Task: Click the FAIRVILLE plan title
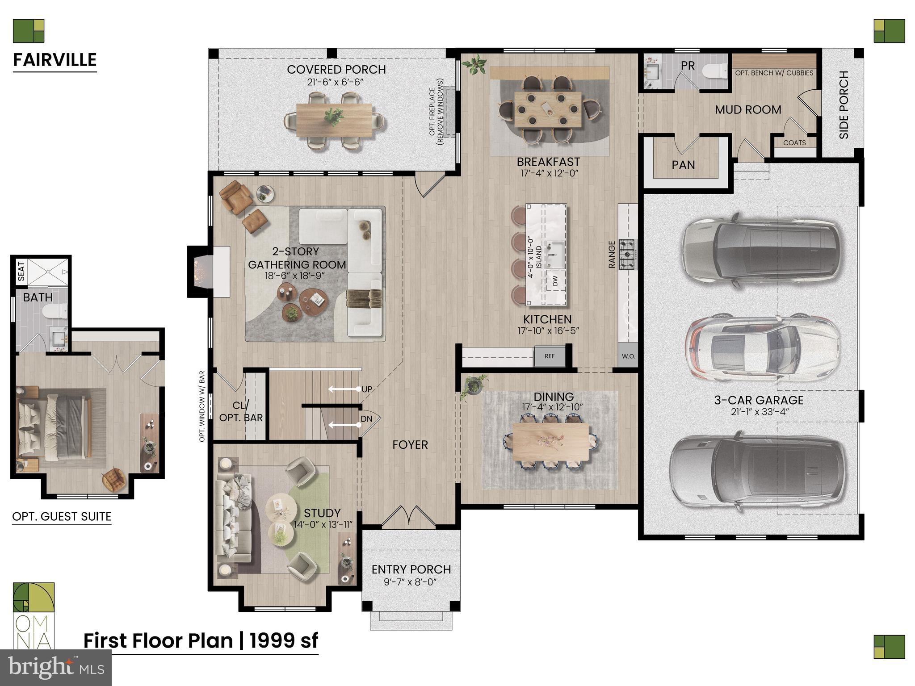pyautogui.click(x=55, y=60)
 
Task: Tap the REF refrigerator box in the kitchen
pyautogui.click(x=549, y=356)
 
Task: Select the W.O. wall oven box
pyautogui.click(x=628, y=356)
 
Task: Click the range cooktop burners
pyautogui.click(x=628, y=255)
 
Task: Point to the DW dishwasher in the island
pyautogui.click(x=555, y=281)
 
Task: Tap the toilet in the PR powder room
pyautogui.click(x=714, y=71)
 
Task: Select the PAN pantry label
pyautogui.click(x=683, y=165)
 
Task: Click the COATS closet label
pyautogui.click(x=794, y=143)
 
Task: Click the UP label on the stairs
pyautogui.click(x=367, y=389)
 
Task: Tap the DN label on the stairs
pyautogui.click(x=366, y=419)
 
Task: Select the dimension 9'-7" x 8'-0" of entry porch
pyautogui.click(x=411, y=582)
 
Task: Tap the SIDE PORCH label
pyautogui.click(x=844, y=105)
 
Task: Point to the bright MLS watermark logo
pyautogui.click(x=56, y=667)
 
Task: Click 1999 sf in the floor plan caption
pyautogui.click(x=284, y=640)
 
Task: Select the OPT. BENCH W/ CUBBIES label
pyautogui.click(x=774, y=73)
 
